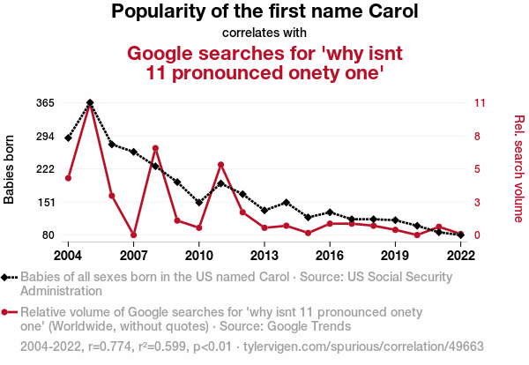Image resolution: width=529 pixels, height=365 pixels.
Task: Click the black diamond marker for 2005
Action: (90, 103)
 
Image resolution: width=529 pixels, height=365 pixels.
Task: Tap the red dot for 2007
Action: (133, 235)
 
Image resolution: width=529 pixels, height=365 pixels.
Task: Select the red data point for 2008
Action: (155, 148)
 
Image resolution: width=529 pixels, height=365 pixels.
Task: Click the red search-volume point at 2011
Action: (220, 165)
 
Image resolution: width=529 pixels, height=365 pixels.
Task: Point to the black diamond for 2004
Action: (68, 138)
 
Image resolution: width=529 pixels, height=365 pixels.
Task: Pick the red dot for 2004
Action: (68, 178)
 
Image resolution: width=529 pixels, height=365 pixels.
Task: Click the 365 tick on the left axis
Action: (46, 103)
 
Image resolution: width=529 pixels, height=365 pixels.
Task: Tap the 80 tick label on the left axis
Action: (49, 235)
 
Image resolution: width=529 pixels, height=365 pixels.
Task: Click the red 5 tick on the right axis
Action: (477, 169)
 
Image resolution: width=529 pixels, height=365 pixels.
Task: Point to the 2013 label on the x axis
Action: (264, 255)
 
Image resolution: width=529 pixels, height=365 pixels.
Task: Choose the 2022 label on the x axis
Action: (460, 255)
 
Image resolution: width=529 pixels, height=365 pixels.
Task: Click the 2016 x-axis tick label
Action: (329, 255)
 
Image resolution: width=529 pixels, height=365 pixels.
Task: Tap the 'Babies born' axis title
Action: (10, 169)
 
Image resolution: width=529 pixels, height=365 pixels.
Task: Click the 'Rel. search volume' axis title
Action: (518, 168)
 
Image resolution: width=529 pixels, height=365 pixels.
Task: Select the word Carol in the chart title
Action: (391, 12)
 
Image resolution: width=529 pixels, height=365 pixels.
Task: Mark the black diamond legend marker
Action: (8, 277)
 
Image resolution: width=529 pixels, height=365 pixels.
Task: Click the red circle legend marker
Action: (8, 311)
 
